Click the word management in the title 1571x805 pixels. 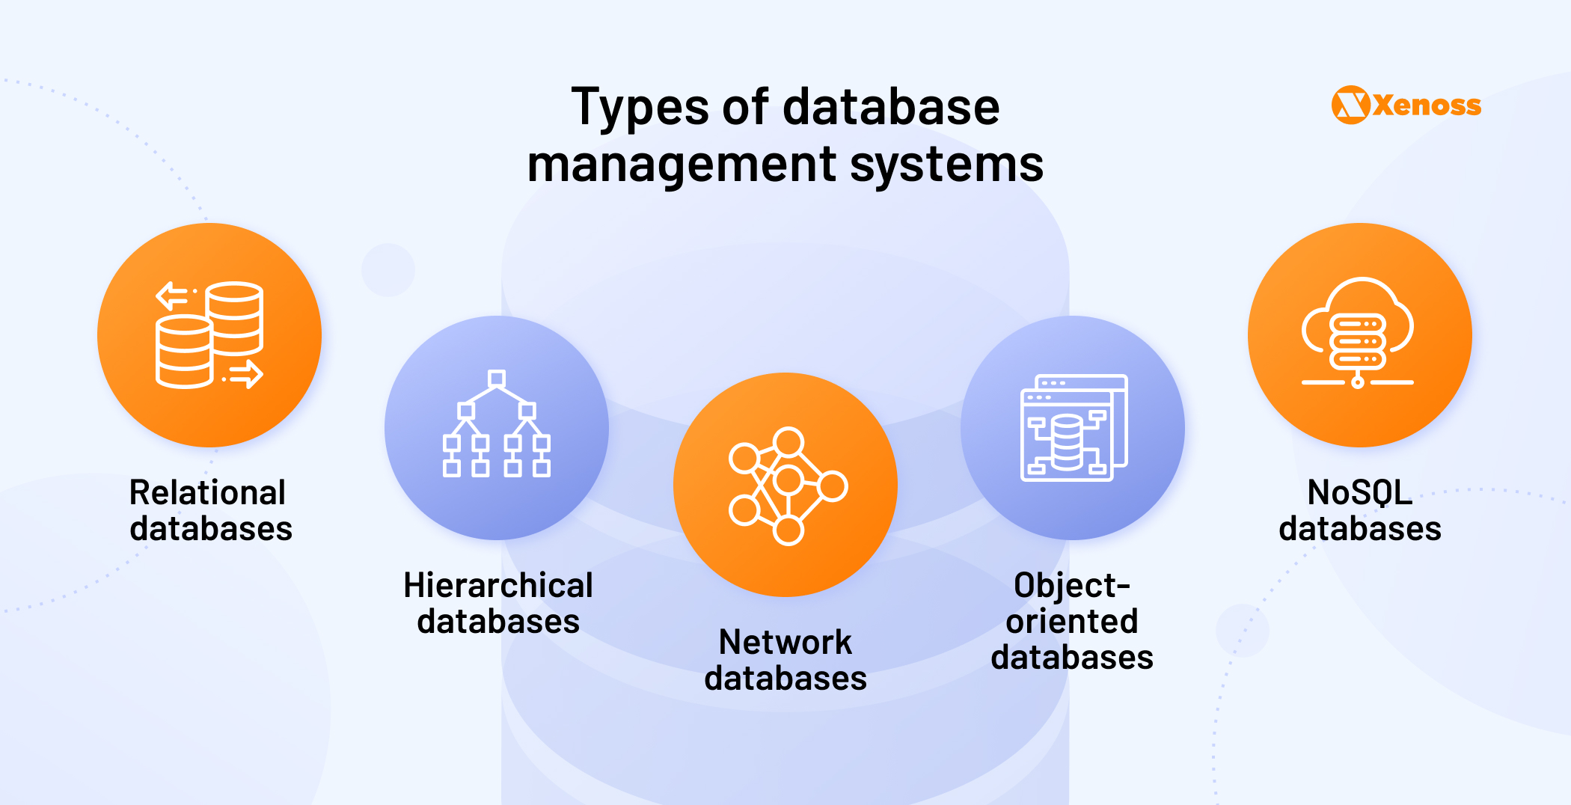point(682,165)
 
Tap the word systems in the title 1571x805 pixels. point(946,165)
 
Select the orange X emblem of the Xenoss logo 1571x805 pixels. point(1350,105)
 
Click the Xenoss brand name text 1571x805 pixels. point(1427,105)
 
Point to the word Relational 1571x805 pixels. point(207,493)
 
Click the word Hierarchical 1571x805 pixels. point(497,586)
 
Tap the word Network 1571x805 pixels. point(785,643)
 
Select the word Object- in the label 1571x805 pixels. point(1071,586)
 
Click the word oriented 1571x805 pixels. point(1071,622)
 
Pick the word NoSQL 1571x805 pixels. point(1359,493)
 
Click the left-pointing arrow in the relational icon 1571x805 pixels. point(172,295)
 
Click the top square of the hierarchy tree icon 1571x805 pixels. point(497,378)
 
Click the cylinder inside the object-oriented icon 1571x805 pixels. point(1067,441)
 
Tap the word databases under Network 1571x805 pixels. point(785,679)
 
